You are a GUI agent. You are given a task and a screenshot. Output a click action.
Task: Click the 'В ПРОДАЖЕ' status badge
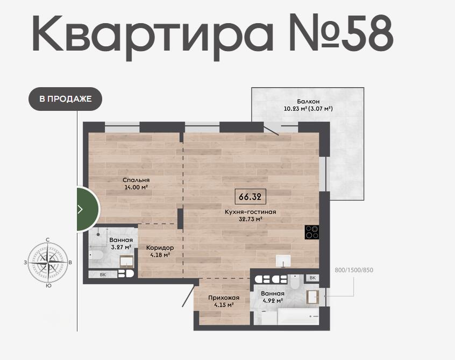[x=65, y=99]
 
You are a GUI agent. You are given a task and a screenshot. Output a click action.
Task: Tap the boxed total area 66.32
[x=250, y=197]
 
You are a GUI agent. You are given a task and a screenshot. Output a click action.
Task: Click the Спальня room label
[x=136, y=180]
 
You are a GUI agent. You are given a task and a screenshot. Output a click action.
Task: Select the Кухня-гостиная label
[x=251, y=212]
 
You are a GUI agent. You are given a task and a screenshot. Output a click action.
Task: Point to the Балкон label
[x=308, y=101]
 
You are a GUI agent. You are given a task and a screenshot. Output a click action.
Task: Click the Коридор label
[x=160, y=248]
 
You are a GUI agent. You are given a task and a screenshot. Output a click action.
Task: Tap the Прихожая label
[x=224, y=298]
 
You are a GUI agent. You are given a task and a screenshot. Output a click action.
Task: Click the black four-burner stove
[x=312, y=232]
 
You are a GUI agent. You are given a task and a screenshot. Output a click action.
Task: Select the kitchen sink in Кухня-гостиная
[x=283, y=260]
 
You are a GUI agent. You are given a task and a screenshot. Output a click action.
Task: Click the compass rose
[x=48, y=263]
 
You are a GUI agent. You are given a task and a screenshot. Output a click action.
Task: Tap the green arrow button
[x=88, y=209]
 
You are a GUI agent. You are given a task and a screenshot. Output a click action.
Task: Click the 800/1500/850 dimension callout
[x=354, y=270]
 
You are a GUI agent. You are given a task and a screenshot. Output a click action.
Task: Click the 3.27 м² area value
[x=121, y=248]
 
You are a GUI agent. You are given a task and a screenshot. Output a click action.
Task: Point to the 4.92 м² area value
[x=273, y=301]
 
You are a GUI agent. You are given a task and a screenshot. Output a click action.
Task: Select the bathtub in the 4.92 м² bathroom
[x=298, y=316]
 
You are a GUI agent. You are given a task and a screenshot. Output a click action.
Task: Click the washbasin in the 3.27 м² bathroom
[x=127, y=262]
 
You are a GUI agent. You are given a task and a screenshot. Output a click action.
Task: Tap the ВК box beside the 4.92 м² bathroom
[x=312, y=278]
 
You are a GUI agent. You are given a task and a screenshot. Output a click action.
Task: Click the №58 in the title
[x=341, y=33]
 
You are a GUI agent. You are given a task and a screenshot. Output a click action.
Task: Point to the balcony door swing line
[x=271, y=129]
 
